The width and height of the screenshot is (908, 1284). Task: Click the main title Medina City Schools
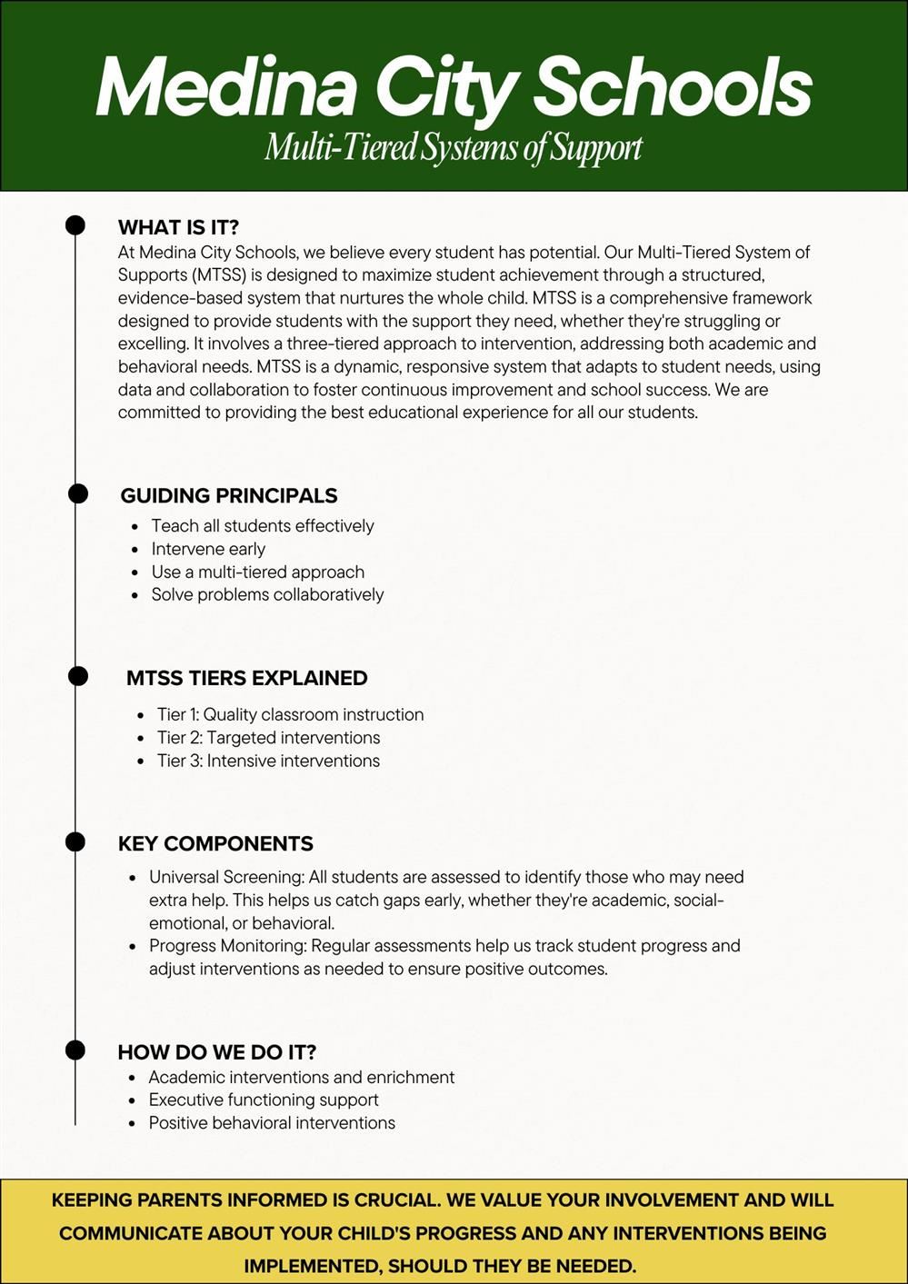point(454,87)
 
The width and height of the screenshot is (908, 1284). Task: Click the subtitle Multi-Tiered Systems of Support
point(454,147)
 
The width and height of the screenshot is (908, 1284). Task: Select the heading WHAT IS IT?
point(178,227)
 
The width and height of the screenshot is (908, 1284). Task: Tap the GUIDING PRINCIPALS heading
point(228,496)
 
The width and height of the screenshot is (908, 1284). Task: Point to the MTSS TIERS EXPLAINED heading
point(246,678)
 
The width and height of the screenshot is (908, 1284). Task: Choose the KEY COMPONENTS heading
point(215,843)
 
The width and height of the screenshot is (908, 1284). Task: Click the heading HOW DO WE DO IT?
point(216,1052)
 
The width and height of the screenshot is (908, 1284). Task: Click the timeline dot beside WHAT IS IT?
point(75,225)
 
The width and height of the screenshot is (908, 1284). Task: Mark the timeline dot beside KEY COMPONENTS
point(75,842)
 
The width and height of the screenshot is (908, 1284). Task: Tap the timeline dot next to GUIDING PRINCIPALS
point(78,493)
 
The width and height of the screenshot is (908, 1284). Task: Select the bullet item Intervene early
point(208,549)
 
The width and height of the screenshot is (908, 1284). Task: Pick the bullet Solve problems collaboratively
point(267,594)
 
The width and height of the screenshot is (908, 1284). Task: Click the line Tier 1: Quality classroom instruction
point(290,714)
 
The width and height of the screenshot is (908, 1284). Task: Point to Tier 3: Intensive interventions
point(268,761)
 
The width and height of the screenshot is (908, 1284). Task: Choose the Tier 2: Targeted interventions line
point(268,738)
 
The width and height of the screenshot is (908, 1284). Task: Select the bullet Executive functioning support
point(264,1100)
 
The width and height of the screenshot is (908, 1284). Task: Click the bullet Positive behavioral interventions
point(272,1123)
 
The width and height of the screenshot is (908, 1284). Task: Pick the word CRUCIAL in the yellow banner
point(398,1200)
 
